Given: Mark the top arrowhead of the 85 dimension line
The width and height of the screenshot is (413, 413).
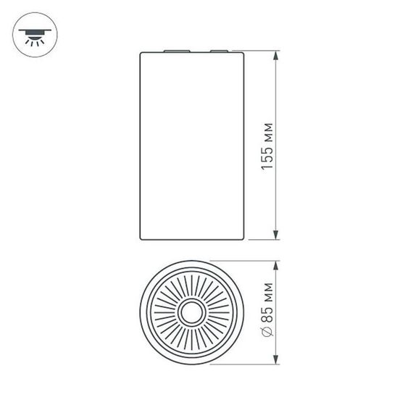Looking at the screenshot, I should pyautogui.click(x=276, y=265).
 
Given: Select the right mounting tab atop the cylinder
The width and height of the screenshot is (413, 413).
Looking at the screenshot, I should pyautogui.click(x=220, y=51).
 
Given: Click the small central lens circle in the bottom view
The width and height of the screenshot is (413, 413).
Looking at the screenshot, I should pyautogui.click(x=192, y=313).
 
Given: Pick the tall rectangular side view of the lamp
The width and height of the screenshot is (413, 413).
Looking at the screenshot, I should pyautogui.click(x=192, y=145).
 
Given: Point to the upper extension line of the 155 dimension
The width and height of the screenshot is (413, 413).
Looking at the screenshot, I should pyautogui.click(x=262, y=51).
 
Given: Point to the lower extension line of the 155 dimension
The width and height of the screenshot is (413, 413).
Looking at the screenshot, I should pyautogui.click(x=262, y=238).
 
